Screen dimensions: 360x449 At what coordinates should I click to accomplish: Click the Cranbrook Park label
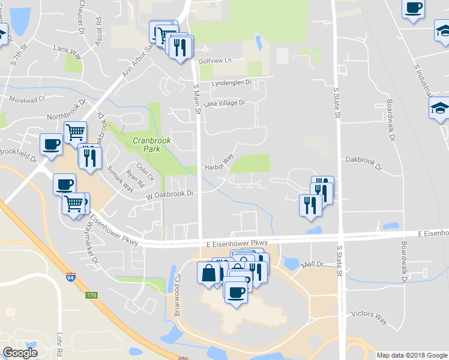(152, 145)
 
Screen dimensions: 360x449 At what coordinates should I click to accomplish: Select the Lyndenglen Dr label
(231, 82)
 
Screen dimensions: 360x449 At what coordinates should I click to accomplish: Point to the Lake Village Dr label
(224, 103)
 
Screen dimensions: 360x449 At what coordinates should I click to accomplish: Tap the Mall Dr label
(312, 264)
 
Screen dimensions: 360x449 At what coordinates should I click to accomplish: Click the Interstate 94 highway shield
(70, 278)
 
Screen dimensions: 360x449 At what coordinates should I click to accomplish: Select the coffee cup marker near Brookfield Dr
(51, 143)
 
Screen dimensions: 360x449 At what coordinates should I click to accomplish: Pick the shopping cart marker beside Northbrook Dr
(75, 131)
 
